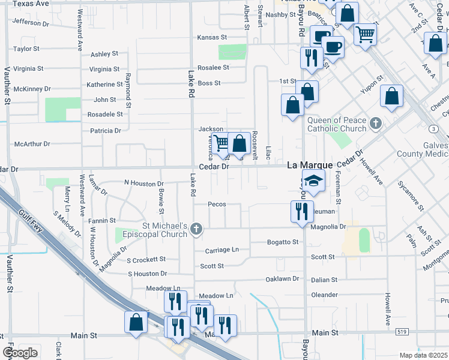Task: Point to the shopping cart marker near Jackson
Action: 221,142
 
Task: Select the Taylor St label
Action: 26,49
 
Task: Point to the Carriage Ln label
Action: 221,250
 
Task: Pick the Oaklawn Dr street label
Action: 282,279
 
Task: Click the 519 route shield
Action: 401,332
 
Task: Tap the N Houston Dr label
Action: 143,183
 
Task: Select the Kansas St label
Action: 212,37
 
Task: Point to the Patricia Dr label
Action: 105,130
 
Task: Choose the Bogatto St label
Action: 283,242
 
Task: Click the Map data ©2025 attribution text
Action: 424,355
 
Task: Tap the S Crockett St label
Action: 146,259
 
